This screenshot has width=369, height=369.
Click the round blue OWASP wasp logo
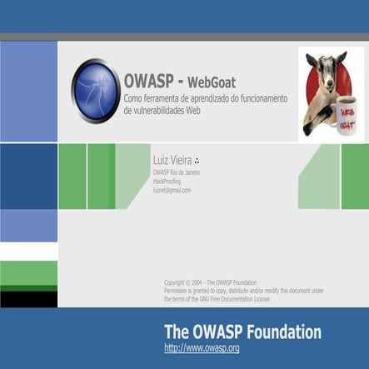click(x=95, y=91)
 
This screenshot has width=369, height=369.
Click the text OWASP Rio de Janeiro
click(x=177, y=172)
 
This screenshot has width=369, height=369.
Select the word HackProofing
click(x=168, y=181)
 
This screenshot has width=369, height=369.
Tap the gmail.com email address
click(x=172, y=190)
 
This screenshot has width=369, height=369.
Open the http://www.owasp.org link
click(x=202, y=348)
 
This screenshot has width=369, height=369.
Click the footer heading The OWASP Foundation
click(x=242, y=332)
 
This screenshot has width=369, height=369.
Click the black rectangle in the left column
click(x=28, y=299)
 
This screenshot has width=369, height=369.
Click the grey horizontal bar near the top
click(x=184, y=37)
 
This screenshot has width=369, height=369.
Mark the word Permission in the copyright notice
click(x=181, y=290)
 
